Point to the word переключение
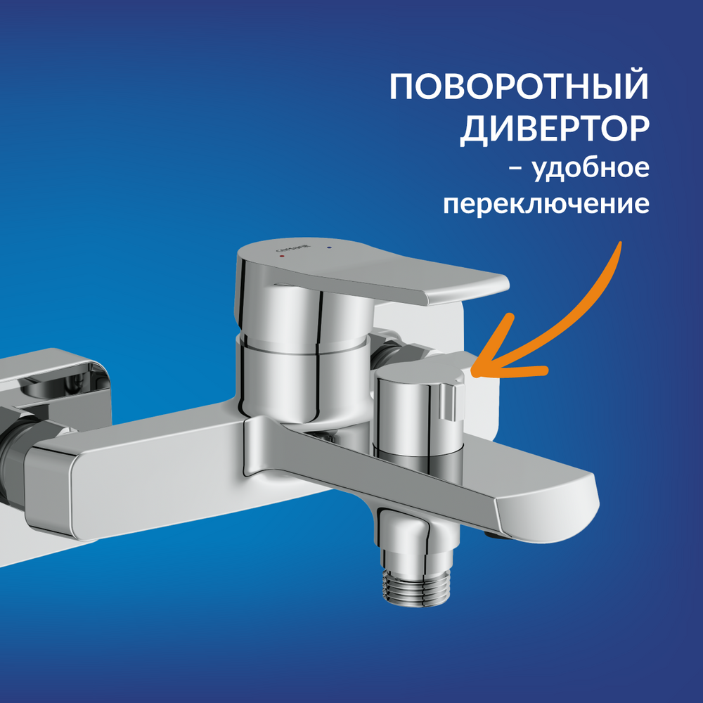point(546,204)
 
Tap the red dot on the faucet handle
point(282,256)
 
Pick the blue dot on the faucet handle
point(330,247)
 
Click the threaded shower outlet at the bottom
point(415,587)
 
